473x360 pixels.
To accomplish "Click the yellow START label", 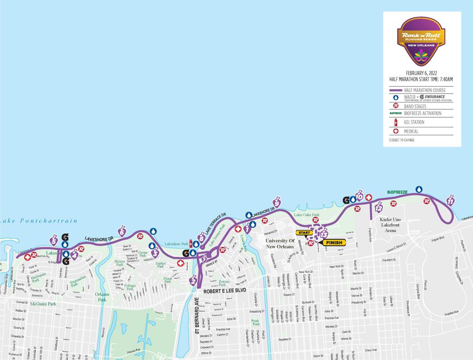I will pyautogui.click(x=304, y=233).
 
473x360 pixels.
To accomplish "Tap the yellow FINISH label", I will pyautogui.click(x=335, y=242).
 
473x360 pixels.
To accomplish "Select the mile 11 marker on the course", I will pyautogui.click(x=451, y=200).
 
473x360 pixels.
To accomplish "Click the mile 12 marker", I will pyautogui.click(x=379, y=208).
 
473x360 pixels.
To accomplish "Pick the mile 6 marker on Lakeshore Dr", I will pyautogui.click(x=122, y=230).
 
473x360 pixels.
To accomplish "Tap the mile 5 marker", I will pyautogui.click(x=54, y=240).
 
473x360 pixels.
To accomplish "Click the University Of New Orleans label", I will pyautogui.click(x=279, y=244).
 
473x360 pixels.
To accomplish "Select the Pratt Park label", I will pyautogui.click(x=255, y=322).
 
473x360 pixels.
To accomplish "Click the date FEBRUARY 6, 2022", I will pyautogui.click(x=421, y=73).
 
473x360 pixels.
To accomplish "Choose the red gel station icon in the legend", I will pyautogui.click(x=395, y=122).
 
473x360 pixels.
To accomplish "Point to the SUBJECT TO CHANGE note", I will pyautogui.click(x=402, y=139).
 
